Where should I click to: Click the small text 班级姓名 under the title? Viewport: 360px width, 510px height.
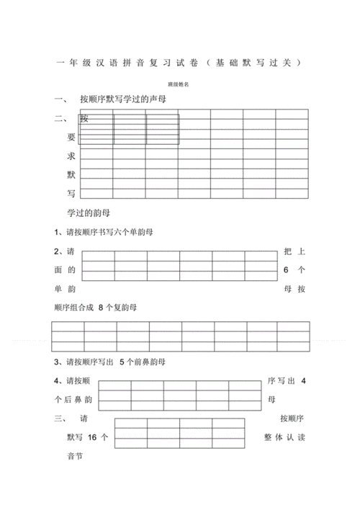pos(179,84)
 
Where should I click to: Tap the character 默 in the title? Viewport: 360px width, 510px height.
pos(251,63)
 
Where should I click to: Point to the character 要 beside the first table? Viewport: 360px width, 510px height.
pos(71,137)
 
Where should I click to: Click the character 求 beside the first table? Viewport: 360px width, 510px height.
pos(71,156)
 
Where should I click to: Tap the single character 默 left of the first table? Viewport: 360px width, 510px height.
pos(71,174)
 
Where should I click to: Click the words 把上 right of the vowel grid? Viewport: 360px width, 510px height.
pos(294,251)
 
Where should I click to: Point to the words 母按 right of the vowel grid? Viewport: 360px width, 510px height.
pos(294,288)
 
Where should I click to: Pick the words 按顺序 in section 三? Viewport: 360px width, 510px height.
pos(293,419)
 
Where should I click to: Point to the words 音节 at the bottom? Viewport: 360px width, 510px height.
pos(66,456)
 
